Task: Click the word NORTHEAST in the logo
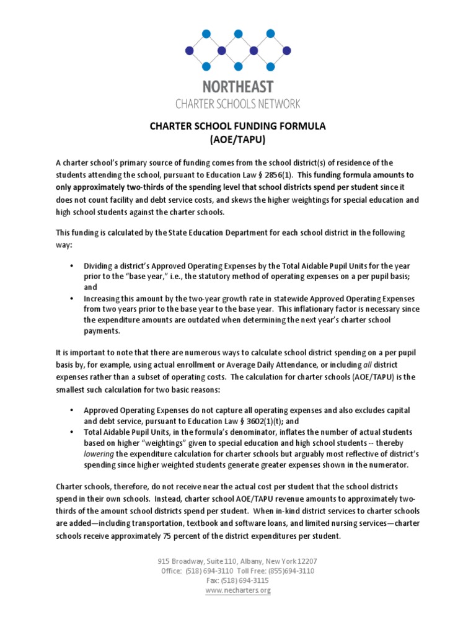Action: click(x=238, y=86)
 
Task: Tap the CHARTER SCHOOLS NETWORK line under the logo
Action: click(x=238, y=103)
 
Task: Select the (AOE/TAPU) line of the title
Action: click(x=238, y=140)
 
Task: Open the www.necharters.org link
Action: click(x=238, y=590)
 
